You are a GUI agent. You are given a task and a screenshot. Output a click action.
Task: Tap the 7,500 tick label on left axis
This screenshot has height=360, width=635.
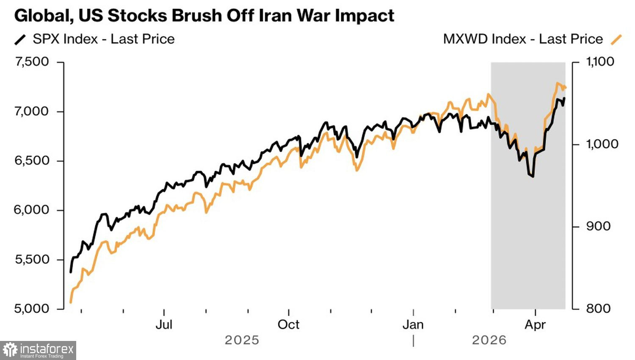click(x=32, y=62)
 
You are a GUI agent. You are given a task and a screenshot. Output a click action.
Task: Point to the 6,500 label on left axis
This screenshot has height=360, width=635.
click(x=32, y=161)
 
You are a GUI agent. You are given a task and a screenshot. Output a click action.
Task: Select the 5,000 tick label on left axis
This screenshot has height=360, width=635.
click(x=32, y=308)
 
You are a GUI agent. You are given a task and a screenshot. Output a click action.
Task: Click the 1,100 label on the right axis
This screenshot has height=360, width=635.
click(x=600, y=62)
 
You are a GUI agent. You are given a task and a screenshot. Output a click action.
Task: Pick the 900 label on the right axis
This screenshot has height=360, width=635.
click(x=598, y=226)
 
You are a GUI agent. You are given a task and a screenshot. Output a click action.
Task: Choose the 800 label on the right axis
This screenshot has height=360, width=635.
click(x=598, y=308)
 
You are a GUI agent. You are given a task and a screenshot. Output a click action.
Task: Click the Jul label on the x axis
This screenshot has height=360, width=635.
click(x=164, y=325)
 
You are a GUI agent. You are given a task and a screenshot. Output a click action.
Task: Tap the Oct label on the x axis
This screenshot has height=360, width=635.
click(x=288, y=325)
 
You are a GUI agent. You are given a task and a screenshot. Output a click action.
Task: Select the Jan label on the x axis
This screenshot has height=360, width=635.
click(x=413, y=325)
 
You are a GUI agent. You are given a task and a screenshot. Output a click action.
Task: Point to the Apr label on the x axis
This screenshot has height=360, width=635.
click(x=535, y=325)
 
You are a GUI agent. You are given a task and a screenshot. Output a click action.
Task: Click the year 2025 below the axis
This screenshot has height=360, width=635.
click(x=242, y=340)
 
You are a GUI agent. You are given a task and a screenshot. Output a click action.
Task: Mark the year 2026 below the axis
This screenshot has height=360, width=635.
click(x=489, y=340)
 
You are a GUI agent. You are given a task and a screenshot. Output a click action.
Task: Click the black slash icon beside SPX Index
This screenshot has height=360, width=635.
click(x=20, y=39)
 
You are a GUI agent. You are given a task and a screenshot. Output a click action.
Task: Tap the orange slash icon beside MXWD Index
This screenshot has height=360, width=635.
click(x=616, y=39)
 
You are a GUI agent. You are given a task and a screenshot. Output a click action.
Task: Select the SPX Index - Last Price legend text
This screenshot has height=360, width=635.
click(x=104, y=39)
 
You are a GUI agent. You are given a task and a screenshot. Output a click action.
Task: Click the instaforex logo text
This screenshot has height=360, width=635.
click(x=47, y=349)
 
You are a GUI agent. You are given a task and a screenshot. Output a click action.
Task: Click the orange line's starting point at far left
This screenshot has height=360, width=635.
click(x=71, y=302)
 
